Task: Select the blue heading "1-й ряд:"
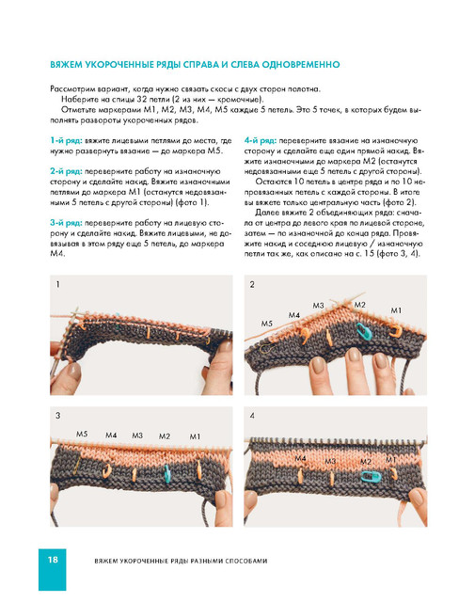coord(66,140)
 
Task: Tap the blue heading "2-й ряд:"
coord(66,171)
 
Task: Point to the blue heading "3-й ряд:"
coord(66,223)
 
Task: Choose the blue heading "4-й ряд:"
coord(261,140)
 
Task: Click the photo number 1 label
coord(57,284)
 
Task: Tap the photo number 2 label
coord(252,284)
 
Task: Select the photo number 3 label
coord(57,416)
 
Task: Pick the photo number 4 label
coord(252,416)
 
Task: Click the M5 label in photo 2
coord(267,324)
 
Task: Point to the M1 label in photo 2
coord(396,309)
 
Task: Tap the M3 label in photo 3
coord(137,436)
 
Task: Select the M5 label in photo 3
coord(82,434)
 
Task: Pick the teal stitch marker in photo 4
coord(371,477)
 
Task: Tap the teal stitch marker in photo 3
coord(166,473)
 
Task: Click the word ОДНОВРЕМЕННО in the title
coord(300,65)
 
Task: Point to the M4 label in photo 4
coord(300,458)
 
